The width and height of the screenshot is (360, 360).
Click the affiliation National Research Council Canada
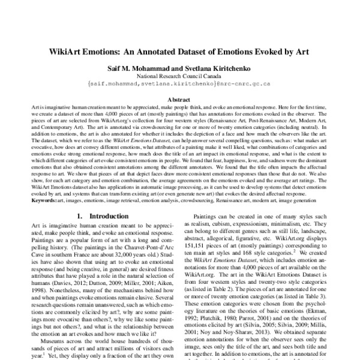pyautogui.click(x=179, y=77)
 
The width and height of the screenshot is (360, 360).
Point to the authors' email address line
pyautogui.click(x=179, y=85)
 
